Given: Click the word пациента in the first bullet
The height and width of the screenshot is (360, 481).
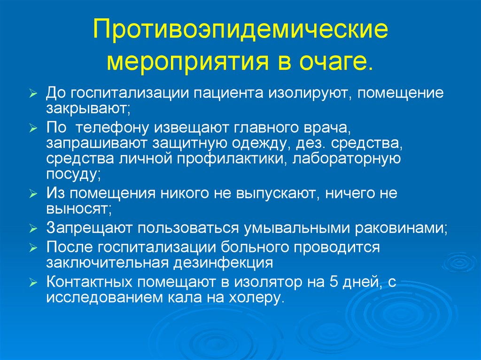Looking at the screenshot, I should (x=252, y=92).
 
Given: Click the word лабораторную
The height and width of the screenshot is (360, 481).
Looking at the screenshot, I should (x=347, y=159).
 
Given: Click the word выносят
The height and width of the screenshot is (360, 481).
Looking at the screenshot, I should (x=78, y=209).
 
